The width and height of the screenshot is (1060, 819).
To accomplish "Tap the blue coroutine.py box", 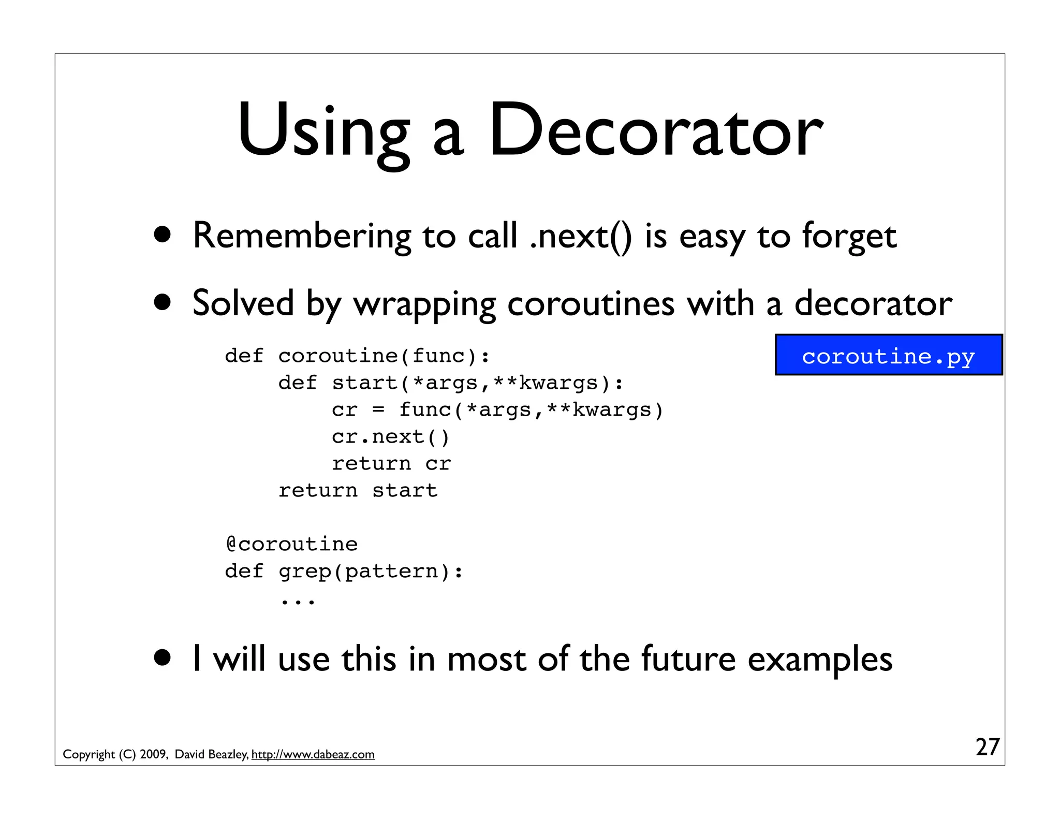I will point(888,355).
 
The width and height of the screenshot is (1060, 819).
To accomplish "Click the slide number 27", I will point(987,747).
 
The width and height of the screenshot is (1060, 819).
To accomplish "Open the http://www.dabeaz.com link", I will point(313,754).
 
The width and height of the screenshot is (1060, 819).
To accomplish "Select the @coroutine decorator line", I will point(292,544).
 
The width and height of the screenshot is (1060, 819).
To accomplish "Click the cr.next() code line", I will point(391,436).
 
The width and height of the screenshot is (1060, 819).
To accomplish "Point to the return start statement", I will point(358,490).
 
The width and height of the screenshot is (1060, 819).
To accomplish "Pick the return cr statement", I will point(391,463).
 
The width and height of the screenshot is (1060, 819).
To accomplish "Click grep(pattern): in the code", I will point(371,571).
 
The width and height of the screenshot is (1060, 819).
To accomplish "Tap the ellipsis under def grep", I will point(298,601).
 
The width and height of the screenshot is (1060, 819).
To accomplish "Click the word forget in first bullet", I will point(849,237).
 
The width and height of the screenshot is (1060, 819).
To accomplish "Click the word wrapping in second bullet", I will point(424,304).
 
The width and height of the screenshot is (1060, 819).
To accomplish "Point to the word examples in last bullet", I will point(820,659).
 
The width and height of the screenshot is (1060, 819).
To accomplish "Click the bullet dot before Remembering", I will point(163,235).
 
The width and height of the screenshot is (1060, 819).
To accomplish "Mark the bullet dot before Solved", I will point(163,302).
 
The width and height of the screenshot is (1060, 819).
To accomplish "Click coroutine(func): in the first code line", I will point(384,356).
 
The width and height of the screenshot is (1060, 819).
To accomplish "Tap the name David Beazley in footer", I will point(211,754).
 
